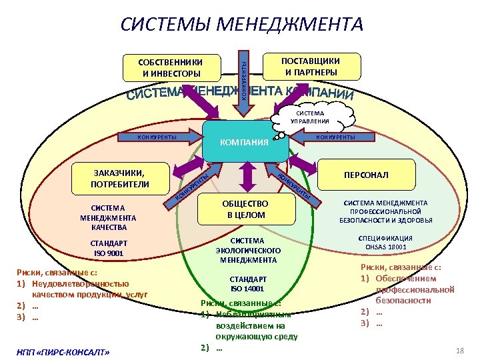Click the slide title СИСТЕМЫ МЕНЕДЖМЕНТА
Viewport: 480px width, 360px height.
pos(241,25)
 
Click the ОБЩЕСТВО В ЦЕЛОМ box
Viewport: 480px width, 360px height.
pos(247,209)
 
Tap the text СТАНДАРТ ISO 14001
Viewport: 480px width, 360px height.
pos(247,283)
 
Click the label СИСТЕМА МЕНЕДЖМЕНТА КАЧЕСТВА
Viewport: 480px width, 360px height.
pos(108,217)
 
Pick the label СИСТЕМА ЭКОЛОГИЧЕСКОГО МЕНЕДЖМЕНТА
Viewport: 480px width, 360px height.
pos(247,249)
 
